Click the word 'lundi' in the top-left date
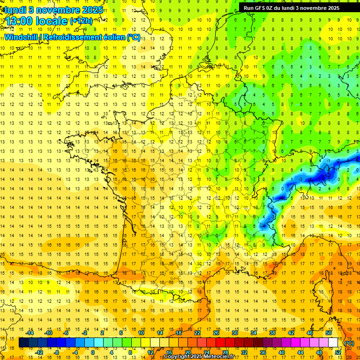15,10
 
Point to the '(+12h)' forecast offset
82,21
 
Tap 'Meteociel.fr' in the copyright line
222,357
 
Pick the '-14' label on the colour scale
30,332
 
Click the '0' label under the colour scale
93,352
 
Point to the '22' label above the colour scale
197,332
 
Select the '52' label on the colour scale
338,352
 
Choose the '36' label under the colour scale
263,352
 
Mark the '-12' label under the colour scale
39,352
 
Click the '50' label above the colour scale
329,332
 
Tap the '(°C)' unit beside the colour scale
349,343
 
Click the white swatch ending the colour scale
333,343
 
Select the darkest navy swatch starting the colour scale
24,343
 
